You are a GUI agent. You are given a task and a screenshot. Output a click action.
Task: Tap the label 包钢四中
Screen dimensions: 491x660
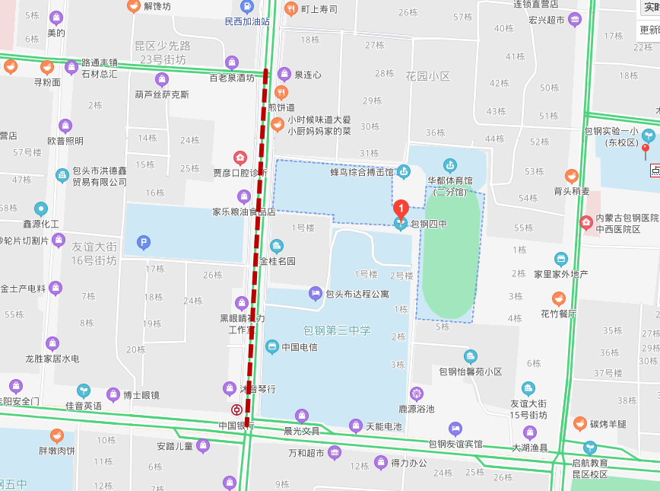coord(429,223)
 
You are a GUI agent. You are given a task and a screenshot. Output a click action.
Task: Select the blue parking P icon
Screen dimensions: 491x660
coord(142,243)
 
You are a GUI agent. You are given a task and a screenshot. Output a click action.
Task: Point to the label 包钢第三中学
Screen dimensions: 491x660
coord(337,330)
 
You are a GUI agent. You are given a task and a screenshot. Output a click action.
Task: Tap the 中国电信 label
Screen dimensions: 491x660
coord(299,347)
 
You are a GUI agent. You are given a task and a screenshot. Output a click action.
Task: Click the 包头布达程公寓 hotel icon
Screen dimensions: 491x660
coord(316,293)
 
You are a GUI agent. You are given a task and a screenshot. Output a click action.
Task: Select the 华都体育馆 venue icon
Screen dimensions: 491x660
coord(450,164)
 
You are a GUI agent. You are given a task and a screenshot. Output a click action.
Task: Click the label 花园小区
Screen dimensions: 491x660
coord(427,76)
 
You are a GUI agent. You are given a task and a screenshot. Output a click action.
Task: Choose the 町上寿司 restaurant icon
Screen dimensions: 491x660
coord(290,9)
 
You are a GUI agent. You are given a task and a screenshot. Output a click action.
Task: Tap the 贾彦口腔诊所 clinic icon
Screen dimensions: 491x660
coord(240,158)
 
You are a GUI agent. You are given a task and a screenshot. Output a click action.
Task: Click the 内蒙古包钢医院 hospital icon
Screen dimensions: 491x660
coord(585,223)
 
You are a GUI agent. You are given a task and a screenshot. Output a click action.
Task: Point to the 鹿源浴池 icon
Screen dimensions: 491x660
coord(416,394)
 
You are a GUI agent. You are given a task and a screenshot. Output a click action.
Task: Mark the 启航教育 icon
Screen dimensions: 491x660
coord(590,447)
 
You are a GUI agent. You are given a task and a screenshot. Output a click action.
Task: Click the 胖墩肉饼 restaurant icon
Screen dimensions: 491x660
coord(56,436)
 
